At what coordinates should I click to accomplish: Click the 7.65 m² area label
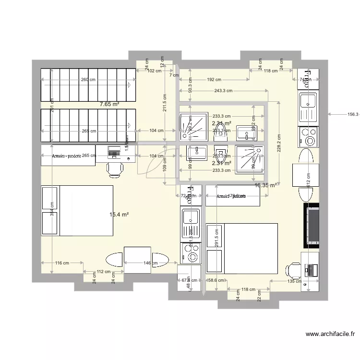pyautogui.click(x=109, y=104)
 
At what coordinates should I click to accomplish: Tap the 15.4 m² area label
pyautogui.click(x=119, y=215)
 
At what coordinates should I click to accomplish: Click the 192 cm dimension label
pyautogui.click(x=214, y=80)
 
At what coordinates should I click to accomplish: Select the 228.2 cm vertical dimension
pyautogui.click(x=279, y=142)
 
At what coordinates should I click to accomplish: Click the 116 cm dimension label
pyautogui.click(x=62, y=263)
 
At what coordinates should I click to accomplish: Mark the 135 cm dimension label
pyautogui.click(x=294, y=281)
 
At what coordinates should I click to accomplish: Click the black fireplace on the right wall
pyautogui.click(x=312, y=224)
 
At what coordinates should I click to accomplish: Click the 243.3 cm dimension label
pyautogui.click(x=223, y=90)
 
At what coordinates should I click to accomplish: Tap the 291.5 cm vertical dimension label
pyautogui.click(x=217, y=237)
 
